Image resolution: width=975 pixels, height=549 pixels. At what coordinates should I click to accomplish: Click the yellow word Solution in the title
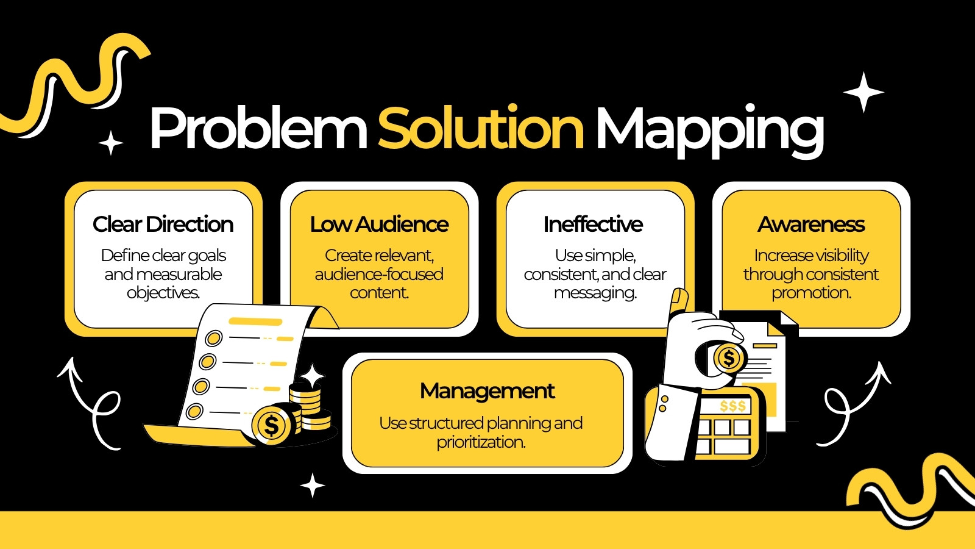481,127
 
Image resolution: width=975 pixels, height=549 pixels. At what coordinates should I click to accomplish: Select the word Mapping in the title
709,131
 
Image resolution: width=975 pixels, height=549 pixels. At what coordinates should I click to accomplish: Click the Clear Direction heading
163,224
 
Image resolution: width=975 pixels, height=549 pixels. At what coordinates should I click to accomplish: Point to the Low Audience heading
379,224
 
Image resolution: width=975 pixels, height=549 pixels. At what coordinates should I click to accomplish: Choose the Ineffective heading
593,224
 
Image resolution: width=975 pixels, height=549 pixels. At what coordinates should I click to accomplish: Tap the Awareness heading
811,224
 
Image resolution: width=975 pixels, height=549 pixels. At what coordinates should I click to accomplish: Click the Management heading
487,391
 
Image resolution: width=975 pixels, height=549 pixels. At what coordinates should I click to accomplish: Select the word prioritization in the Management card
481,442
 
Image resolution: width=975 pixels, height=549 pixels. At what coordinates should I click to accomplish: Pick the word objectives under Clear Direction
163,293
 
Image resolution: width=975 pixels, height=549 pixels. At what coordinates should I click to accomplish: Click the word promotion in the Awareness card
811,293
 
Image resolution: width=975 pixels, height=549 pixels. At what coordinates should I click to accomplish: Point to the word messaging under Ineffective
595,293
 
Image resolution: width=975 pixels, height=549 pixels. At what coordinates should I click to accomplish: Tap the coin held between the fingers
728,359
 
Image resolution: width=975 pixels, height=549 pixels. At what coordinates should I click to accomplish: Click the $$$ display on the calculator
732,406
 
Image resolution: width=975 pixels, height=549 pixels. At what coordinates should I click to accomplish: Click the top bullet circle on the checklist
214,338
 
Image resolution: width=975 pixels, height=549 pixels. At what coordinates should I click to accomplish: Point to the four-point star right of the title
863,92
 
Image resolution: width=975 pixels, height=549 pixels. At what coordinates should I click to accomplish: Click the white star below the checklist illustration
313,486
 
